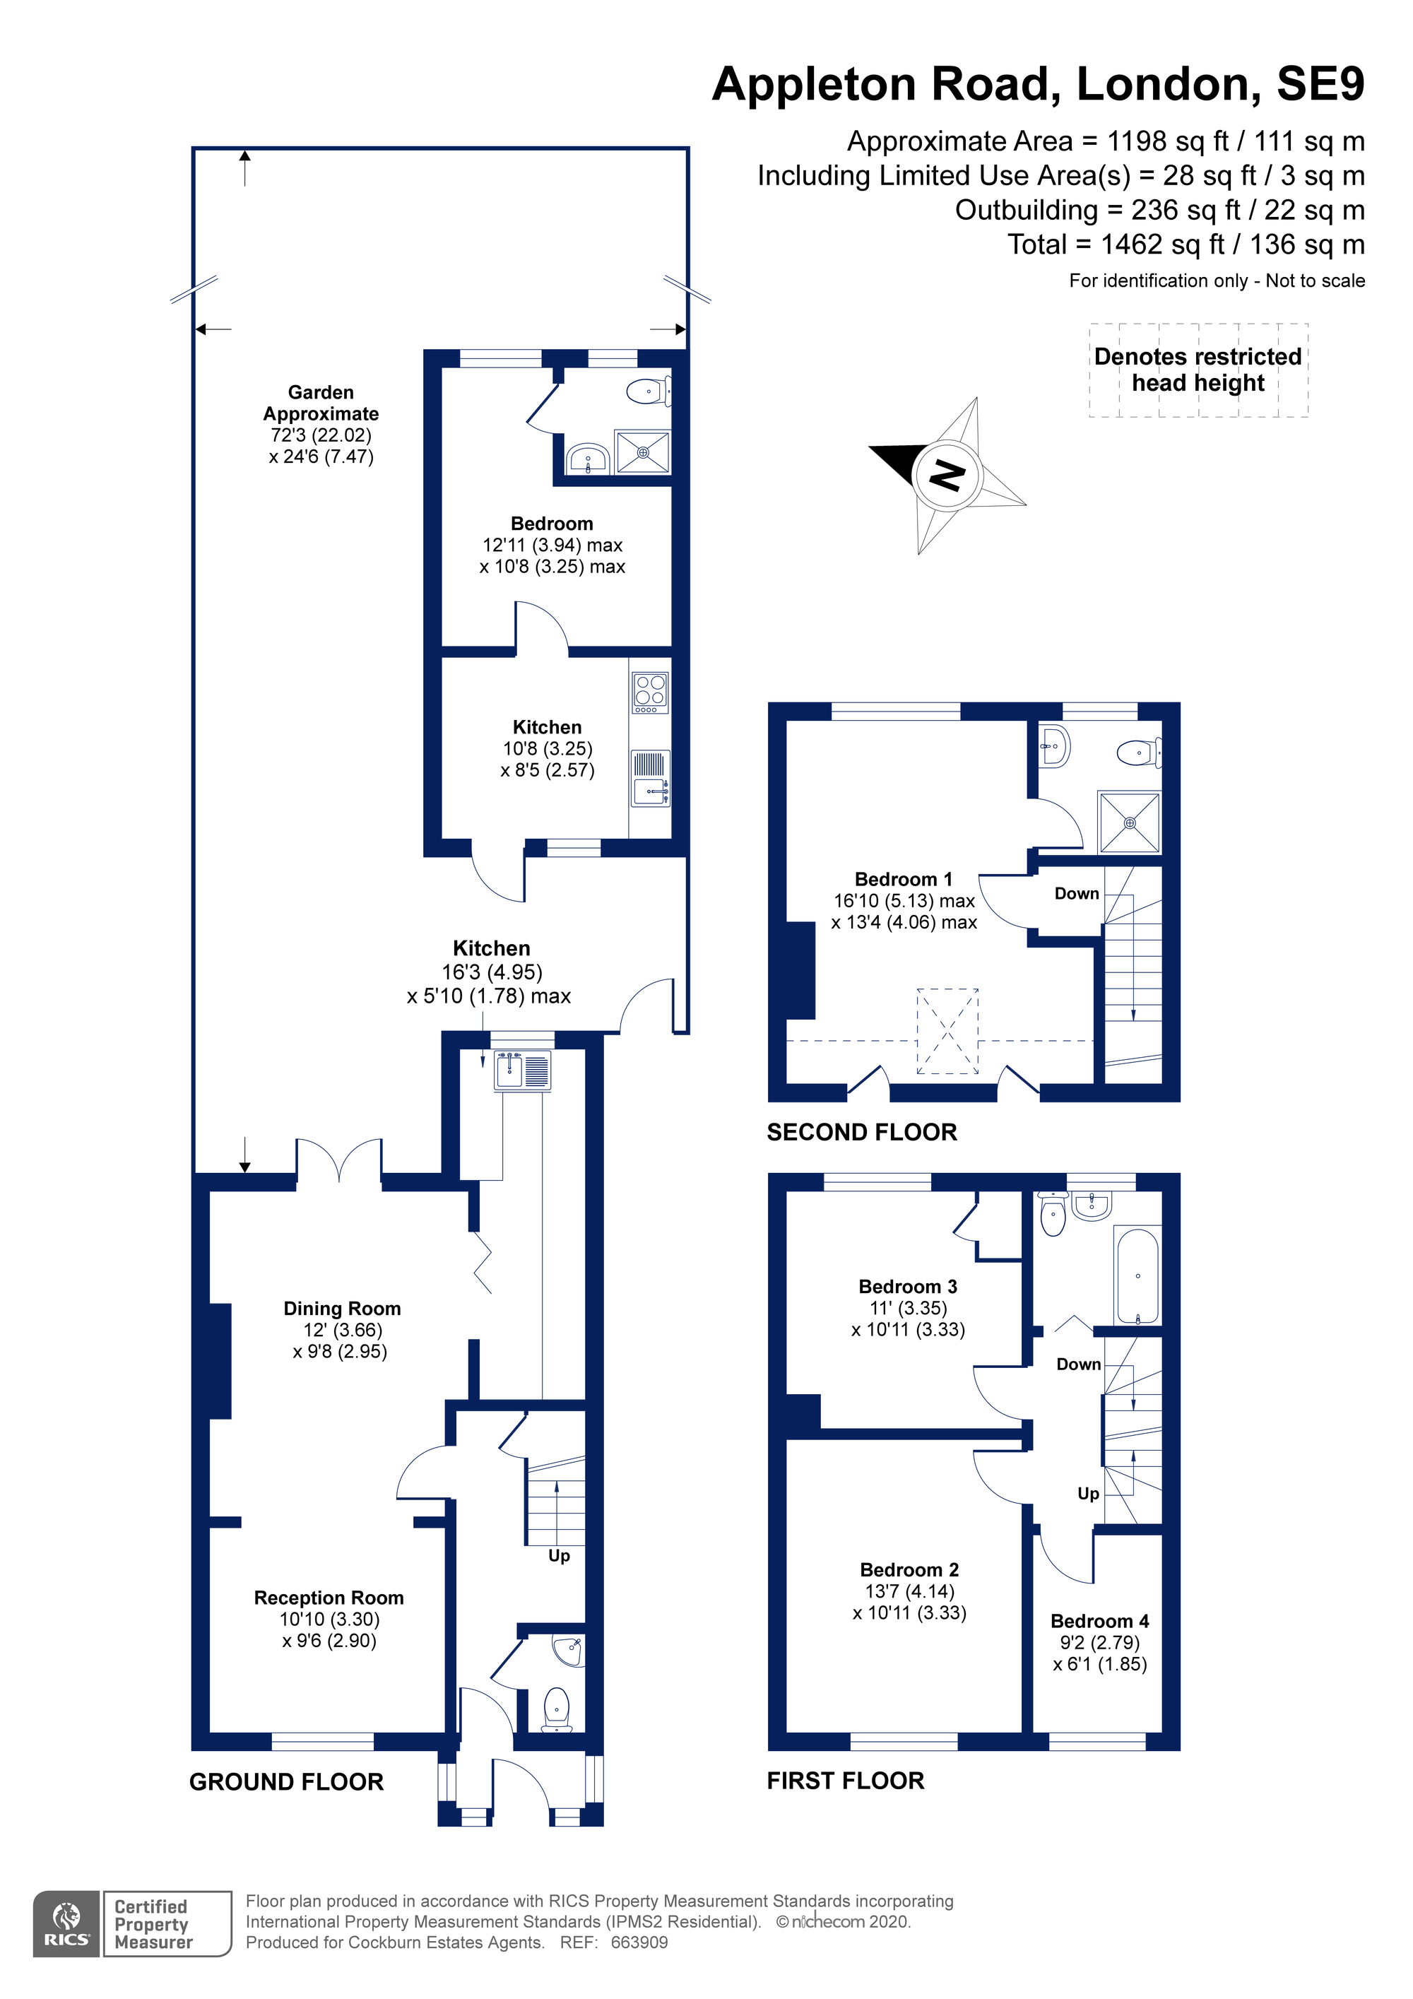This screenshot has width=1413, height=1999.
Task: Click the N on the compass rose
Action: coord(947,476)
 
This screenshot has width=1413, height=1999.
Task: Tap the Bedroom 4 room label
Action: coord(1099,1621)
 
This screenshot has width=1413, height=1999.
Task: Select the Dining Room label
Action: coord(342,1309)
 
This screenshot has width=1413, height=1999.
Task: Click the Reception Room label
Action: coord(329,1598)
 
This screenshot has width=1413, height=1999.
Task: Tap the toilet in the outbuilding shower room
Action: coord(649,391)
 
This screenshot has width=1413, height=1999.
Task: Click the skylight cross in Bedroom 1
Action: coord(947,1031)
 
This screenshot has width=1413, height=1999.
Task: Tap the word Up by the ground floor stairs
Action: coord(559,1556)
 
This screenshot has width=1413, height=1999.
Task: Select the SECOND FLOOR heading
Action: coord(862,1132)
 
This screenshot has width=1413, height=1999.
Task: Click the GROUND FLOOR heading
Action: coord(286,1782)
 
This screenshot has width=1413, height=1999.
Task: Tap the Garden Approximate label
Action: coord(321,403)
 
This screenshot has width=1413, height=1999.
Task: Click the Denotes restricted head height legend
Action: coord(1198,370)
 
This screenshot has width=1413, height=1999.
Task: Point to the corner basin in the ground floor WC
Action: coord(569,1650)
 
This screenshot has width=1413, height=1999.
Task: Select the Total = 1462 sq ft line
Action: coord(1186,244)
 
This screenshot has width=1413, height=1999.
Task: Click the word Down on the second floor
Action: coord(1077,893)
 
